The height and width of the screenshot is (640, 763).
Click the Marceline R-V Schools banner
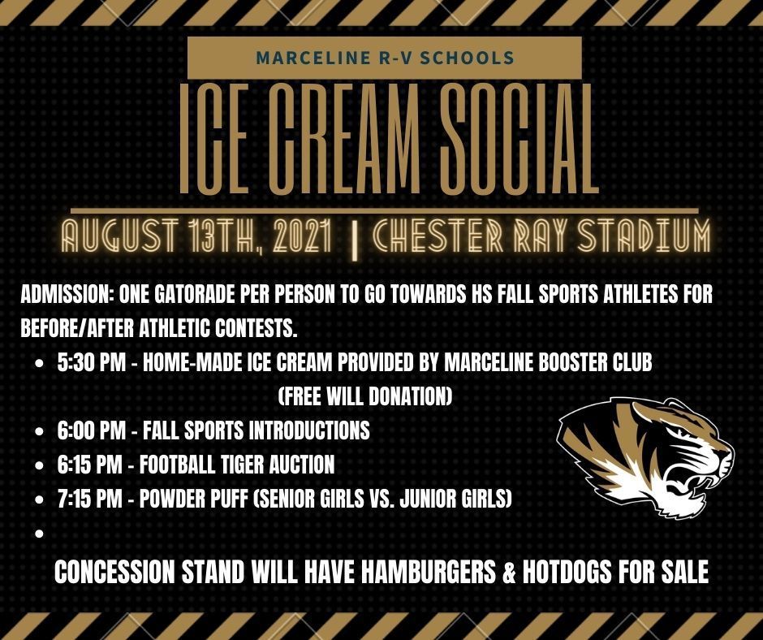(x=385, y=57)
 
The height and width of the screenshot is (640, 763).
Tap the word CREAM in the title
(x=340, y=139)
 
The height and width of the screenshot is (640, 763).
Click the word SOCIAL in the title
(x=519, y=139)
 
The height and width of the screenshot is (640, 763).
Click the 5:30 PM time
(x=91, y=363)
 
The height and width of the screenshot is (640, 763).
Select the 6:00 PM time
(x=91, y=430)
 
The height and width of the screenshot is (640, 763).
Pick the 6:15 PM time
(x=89, y=465)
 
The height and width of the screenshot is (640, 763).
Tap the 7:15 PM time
(x=89, y=499)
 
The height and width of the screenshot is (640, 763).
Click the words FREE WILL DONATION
(x=365, y=397)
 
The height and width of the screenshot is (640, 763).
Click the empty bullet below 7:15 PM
(x=40, y=534)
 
